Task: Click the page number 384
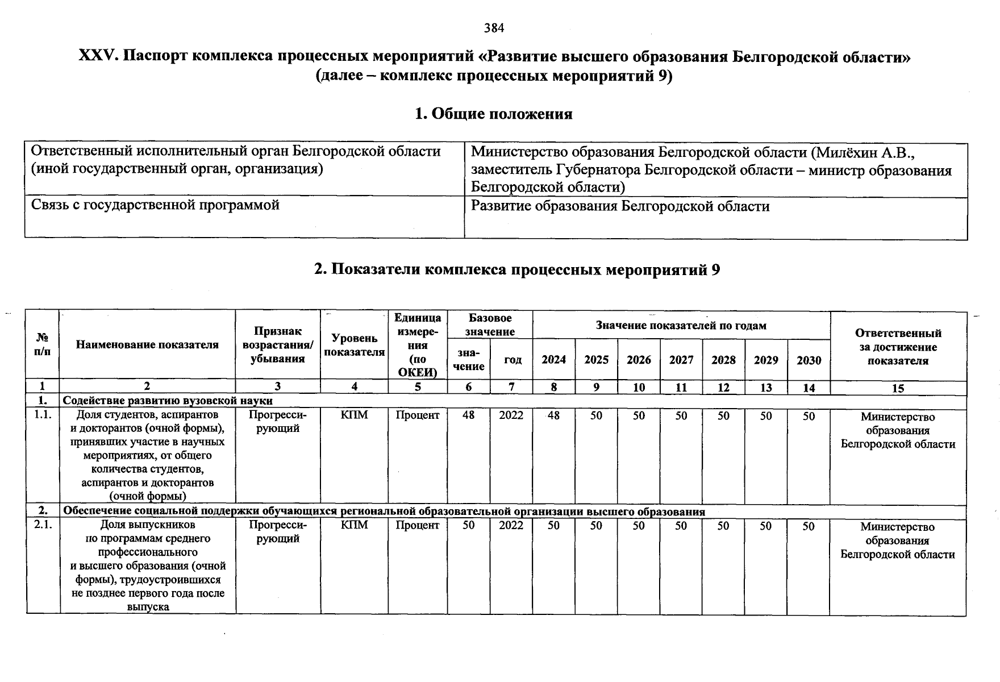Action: tap(494, 28)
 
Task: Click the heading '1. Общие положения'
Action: tap(494, 114)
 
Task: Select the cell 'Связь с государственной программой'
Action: tap(155, 205)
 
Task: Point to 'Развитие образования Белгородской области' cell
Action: tap(620, 206)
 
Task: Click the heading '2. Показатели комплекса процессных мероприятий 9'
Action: tap(517, 269)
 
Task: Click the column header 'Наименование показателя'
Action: tap(147, 344)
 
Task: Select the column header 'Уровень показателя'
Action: tap(354, 346)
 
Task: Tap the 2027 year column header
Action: tap(681, 360)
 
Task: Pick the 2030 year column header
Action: tap(809, 360)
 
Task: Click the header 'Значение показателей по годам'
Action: tap(681, 326)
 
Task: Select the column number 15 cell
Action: tap(898, 388)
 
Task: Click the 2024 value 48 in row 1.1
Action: tap(553, 416)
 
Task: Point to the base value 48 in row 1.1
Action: tap(468, 415)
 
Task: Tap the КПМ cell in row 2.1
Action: tap(354, 525)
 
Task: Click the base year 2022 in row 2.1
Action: tap(511, 525)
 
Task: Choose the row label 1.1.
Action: tap(43, 415)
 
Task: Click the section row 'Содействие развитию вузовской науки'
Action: tap(168, 401)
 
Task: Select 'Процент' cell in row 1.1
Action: tap(418, 415)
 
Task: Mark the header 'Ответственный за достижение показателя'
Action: tap(898, 347)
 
